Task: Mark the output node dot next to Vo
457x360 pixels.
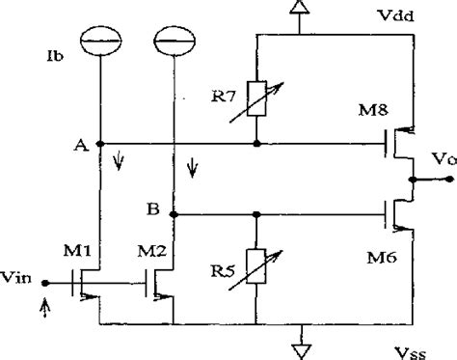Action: [x=412, y=180]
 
